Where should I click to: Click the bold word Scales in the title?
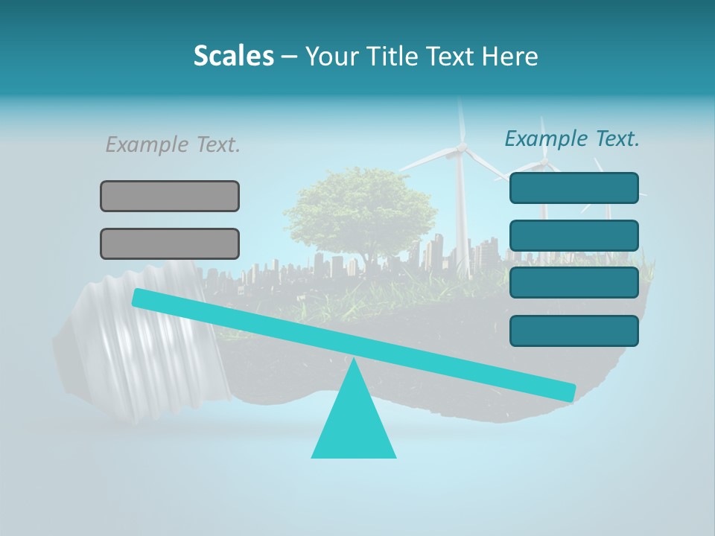(233, 57)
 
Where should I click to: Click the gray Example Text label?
(173, 144)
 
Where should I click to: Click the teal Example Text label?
(572, 138)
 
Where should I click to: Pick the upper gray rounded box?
(170, 196)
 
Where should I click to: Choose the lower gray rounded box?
(170, 243)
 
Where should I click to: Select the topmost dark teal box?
(573, 188)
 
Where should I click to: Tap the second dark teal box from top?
(573, 235)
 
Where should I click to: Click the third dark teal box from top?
(573, 282)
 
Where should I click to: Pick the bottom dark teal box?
(573, 331)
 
